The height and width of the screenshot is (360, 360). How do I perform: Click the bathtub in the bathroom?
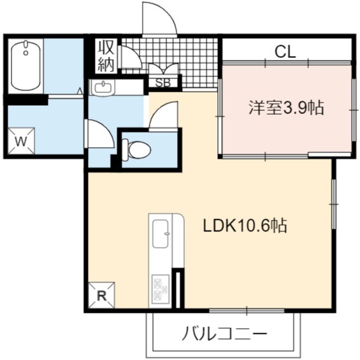(25, 66)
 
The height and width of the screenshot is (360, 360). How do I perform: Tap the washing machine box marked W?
(21, 141)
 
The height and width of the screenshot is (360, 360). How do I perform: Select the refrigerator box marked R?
(101, 295)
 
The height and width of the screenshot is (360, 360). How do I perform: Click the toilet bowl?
(136, 150)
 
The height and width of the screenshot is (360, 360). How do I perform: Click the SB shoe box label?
(163, 83)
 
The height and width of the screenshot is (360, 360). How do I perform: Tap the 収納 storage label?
(106, 57)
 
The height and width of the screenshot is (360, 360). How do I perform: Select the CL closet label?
(285, 52)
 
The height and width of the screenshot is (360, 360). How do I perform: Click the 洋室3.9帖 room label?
(287, 108)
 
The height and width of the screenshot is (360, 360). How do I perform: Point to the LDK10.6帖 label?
(245, 226)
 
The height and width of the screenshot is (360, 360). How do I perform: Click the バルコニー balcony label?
(224, 333)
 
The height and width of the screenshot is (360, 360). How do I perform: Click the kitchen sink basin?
(161, 234)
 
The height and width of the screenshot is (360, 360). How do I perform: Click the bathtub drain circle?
(25, 53)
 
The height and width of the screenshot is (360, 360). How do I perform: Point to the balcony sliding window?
(247, 311)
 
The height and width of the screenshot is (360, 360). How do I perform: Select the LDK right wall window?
(334, 204)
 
